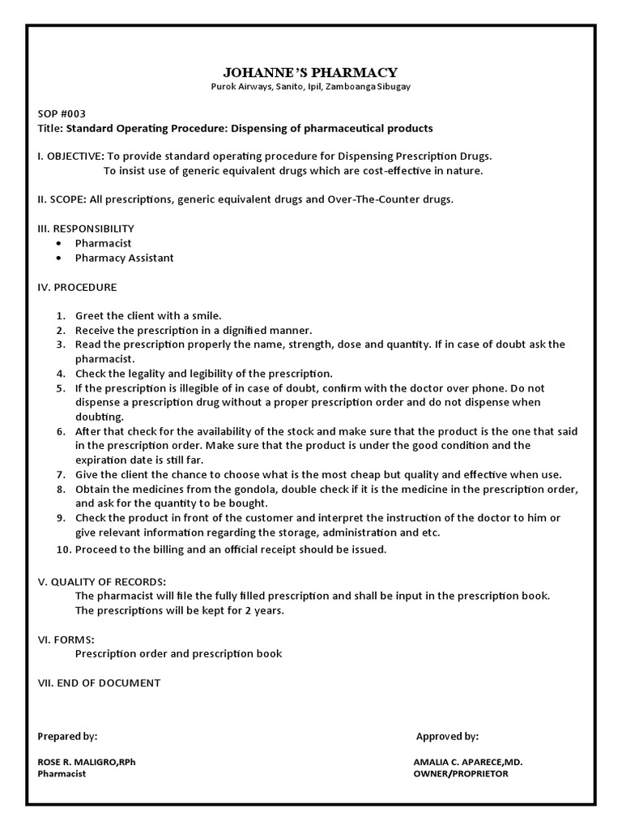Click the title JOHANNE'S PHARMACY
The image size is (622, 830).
tap(310, 72)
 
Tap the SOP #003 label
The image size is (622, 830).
tap(62, 113)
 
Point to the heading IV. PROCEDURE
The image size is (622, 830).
tap(78, 287)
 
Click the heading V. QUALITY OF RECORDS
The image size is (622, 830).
tap(102, 581)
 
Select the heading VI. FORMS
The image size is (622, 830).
tap(66, 639)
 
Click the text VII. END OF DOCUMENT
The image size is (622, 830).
tap(99, 682)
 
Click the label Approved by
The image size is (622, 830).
tap(447, 736)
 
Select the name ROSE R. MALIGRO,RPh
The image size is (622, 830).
tap(93, 763)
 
